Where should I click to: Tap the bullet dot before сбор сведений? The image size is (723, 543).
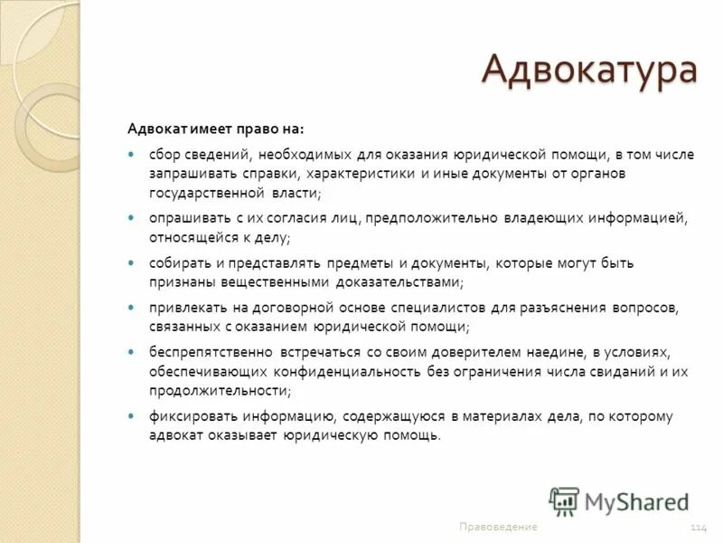130,155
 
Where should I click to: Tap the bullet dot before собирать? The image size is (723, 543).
130,263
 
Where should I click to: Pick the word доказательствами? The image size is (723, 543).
400,282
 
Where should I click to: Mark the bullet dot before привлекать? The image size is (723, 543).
130,308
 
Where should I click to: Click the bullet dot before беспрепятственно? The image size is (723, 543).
130,352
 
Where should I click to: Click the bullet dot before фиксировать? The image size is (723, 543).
130,416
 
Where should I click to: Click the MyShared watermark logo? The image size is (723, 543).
619,501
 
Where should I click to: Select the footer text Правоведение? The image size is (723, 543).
498,527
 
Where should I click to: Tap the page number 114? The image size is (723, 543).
698,527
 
